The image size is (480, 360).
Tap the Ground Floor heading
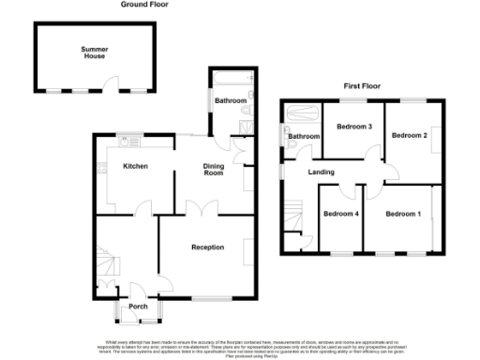click(144, 5)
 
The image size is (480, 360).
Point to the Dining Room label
click(215, 170)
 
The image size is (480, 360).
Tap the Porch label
click(138, 307)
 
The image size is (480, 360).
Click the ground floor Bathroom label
click(230, 100)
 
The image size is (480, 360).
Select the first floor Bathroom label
click(304, 137)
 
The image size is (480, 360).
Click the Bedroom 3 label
click(356, 127)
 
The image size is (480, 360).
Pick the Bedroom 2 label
click(409, 136)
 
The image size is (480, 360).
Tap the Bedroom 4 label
click(341, 214)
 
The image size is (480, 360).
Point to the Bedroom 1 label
click(404, 214)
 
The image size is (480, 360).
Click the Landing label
click(322, 172)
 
